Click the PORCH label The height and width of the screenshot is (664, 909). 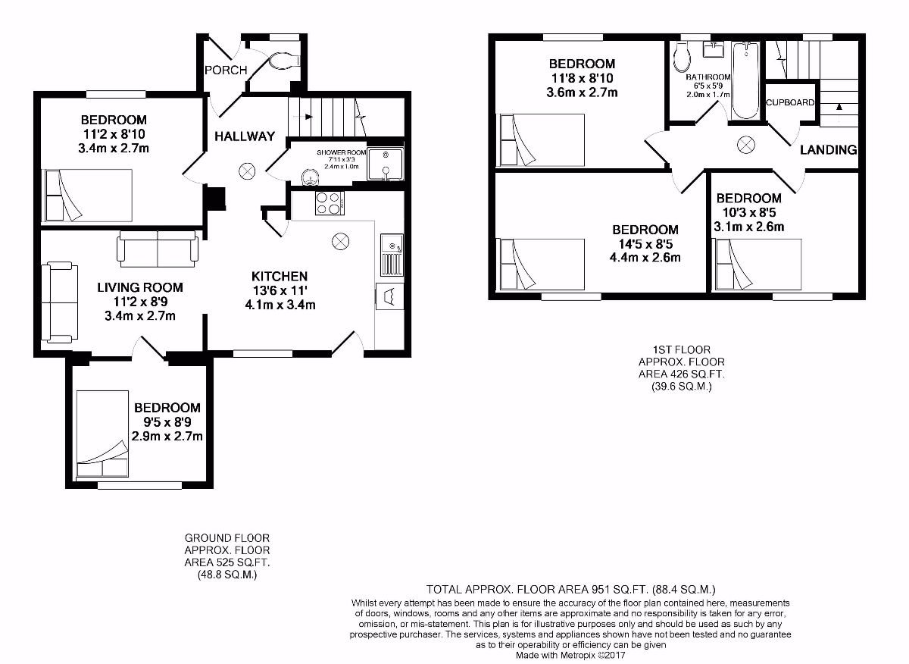(x=226, y=70)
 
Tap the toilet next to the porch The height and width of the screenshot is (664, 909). (x=285, y=59)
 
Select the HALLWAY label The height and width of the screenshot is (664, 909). (x=244, y=136)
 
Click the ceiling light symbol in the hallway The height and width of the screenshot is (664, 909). (x=248, y=171)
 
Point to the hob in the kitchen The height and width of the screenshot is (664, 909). (x=330, y=202)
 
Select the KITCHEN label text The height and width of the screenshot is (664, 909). (x=280, y=276)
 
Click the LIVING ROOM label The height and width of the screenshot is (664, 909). (x=140, y=287)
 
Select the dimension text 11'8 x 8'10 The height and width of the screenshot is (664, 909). (x=582, y=78)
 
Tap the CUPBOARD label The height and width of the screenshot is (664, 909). (x=790, y=102)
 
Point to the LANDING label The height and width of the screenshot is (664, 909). (x=829, y=150)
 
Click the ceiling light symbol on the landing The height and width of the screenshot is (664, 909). (x=746, y=144)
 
